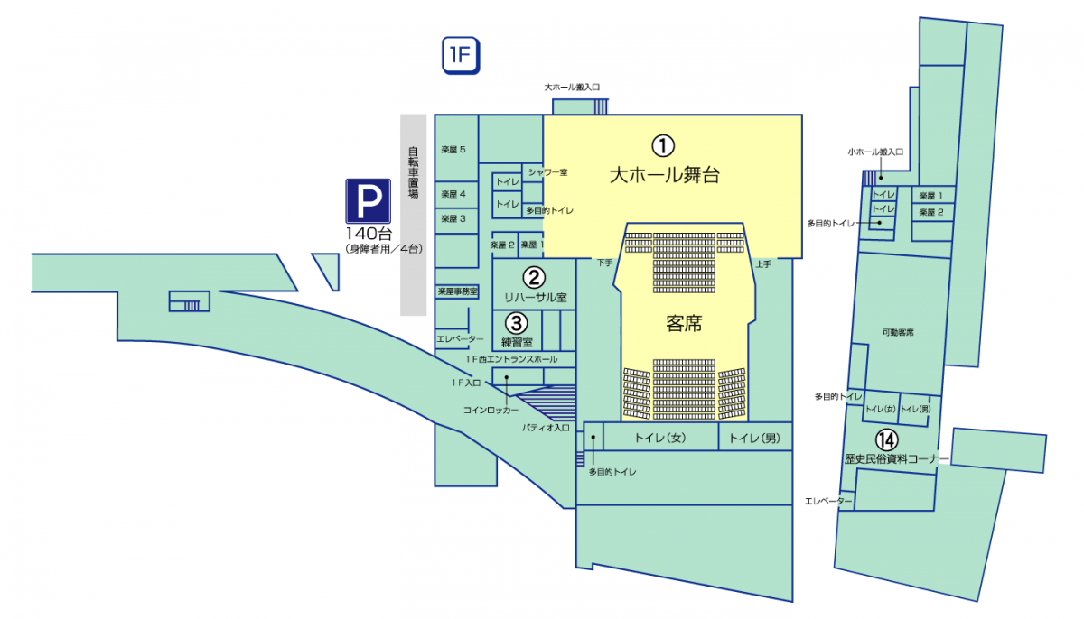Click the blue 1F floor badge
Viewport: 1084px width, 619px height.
click(x=460, y=56)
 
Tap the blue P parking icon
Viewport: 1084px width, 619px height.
click(x=369, y=201)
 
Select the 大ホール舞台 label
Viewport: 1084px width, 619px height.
click(x=664, y=175)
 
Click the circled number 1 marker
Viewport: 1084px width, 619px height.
click(x=664, y=143)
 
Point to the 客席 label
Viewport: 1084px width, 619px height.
click(x=683, y=323)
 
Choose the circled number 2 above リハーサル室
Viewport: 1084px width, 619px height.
click(x=534, y=277)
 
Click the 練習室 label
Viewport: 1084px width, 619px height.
click(x=516, y=342)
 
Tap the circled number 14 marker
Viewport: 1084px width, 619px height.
click(x=888, y=439)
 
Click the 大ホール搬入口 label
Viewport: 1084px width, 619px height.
click(x=572, y=88)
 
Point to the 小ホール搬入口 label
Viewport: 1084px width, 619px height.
click(x=875, y=152)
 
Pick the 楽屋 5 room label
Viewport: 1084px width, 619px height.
click(x=453, y=149)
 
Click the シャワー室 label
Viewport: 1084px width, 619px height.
click(x=547, y=171)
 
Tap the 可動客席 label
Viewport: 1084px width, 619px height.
click(x=898, y=333)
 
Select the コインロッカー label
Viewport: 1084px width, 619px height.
click(x=491, y=410)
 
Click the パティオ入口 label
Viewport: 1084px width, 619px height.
click(x=546, y=427)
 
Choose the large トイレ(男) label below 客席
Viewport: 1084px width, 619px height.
click(x=753, y=439)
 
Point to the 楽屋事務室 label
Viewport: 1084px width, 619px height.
click(x=457, y=292)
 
